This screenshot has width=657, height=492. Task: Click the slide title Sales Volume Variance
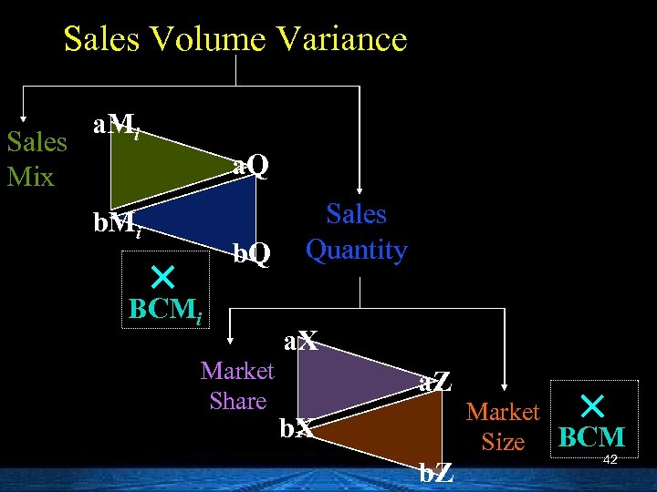235,39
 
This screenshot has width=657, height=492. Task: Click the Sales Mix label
36,159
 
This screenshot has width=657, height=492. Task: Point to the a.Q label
250,166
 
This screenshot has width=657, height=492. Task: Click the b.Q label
252,254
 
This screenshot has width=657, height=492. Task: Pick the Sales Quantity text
356,231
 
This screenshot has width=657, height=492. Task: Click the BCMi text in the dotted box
166,309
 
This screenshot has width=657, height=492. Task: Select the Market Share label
237,385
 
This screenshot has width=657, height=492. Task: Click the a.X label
300,343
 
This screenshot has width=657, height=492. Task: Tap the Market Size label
503,426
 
